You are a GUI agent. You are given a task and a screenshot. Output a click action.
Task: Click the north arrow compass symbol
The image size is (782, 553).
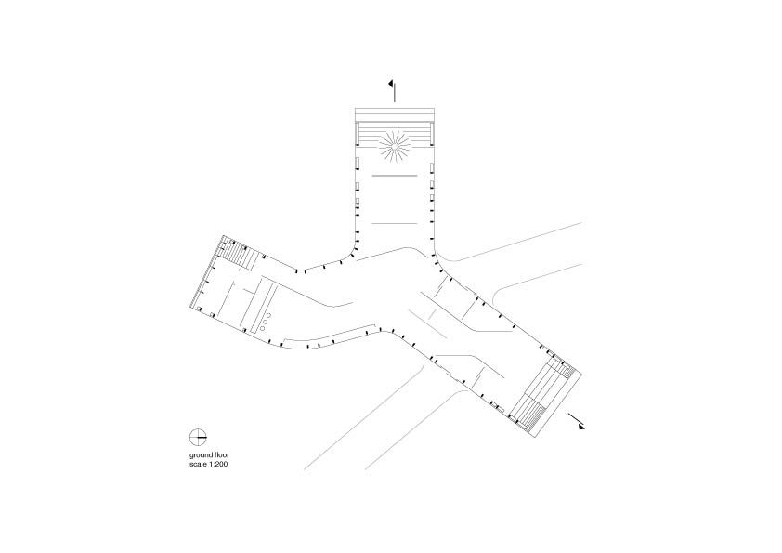click(198, 437)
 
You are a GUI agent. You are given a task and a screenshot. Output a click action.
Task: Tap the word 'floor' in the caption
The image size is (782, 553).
click(221, 454)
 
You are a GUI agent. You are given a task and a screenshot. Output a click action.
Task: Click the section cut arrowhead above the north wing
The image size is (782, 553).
click(392, 84)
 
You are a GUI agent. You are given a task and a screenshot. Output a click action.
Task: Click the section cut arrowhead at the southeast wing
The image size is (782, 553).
click(581, 427)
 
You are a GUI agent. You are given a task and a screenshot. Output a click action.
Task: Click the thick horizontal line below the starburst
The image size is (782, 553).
click(395, 176)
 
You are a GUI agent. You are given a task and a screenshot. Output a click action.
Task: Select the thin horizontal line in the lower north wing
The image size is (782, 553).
click(395, 223)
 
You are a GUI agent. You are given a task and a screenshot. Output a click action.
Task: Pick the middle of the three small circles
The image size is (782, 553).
click(266, 322)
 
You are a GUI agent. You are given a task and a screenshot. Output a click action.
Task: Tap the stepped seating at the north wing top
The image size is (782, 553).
click(395, 131)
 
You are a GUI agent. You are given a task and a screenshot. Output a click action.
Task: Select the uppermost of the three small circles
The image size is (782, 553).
click(269, 315)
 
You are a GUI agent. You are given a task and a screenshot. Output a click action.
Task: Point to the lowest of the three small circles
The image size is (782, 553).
click(262, 328)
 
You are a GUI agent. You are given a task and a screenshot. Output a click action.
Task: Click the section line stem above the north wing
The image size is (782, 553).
click(395, 92)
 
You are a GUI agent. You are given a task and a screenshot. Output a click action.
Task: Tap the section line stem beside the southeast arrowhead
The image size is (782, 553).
click(574, 417)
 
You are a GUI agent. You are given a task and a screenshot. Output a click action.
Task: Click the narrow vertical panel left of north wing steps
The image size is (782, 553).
click(357, 132)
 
